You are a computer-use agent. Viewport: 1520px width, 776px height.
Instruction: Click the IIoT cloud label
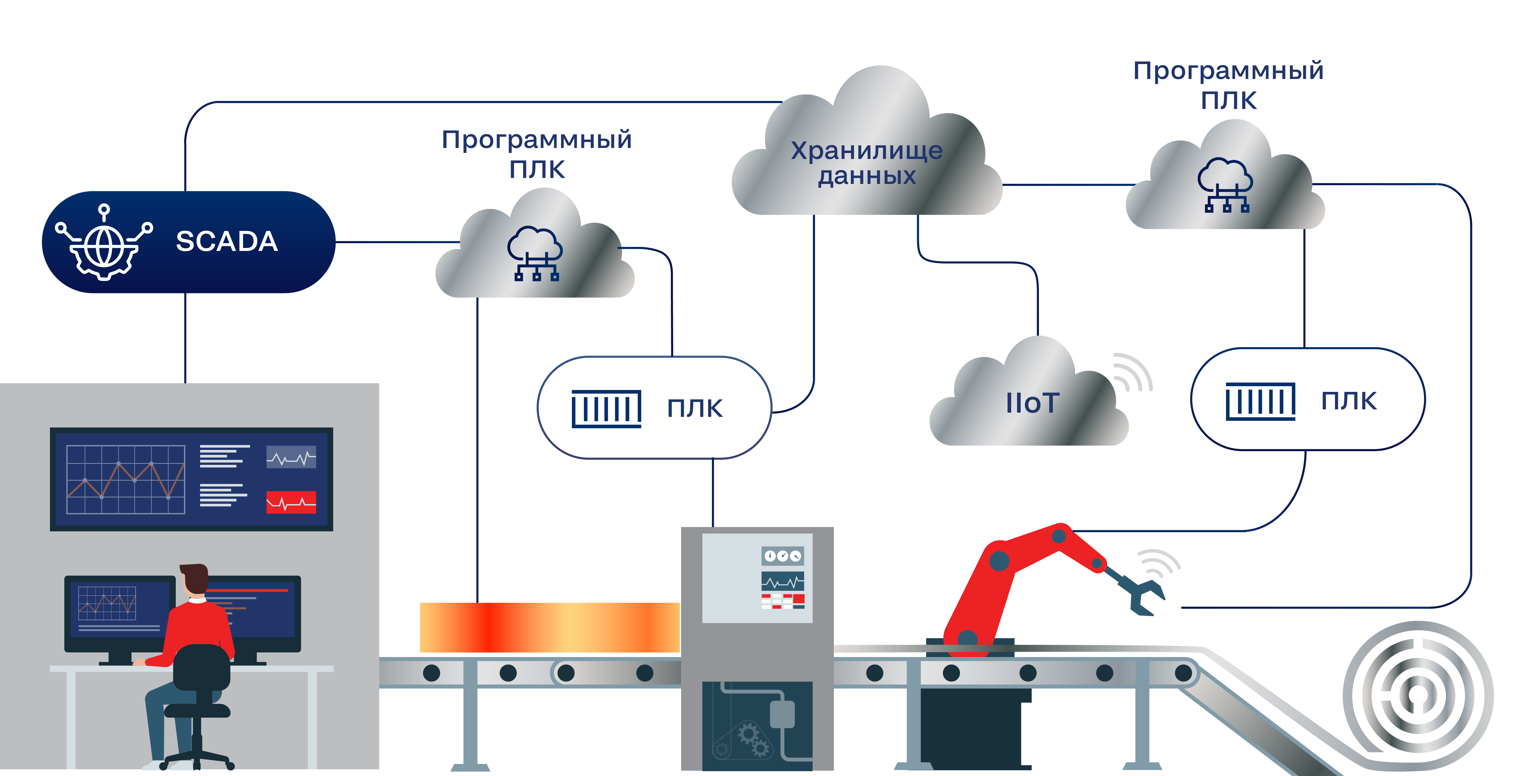[1032, 403]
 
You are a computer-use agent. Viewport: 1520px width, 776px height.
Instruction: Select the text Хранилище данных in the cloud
[867, 163]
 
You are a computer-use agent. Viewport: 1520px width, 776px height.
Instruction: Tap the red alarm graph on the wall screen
[291, 502]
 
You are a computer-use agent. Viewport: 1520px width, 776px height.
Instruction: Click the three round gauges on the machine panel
[782, 556]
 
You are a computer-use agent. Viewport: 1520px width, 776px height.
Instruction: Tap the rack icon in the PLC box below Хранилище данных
[606, 408]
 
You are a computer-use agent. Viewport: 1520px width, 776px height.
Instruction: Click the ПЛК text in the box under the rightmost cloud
[1348, 401]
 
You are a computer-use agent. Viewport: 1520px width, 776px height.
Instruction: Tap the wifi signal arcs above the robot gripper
[1158, 563]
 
